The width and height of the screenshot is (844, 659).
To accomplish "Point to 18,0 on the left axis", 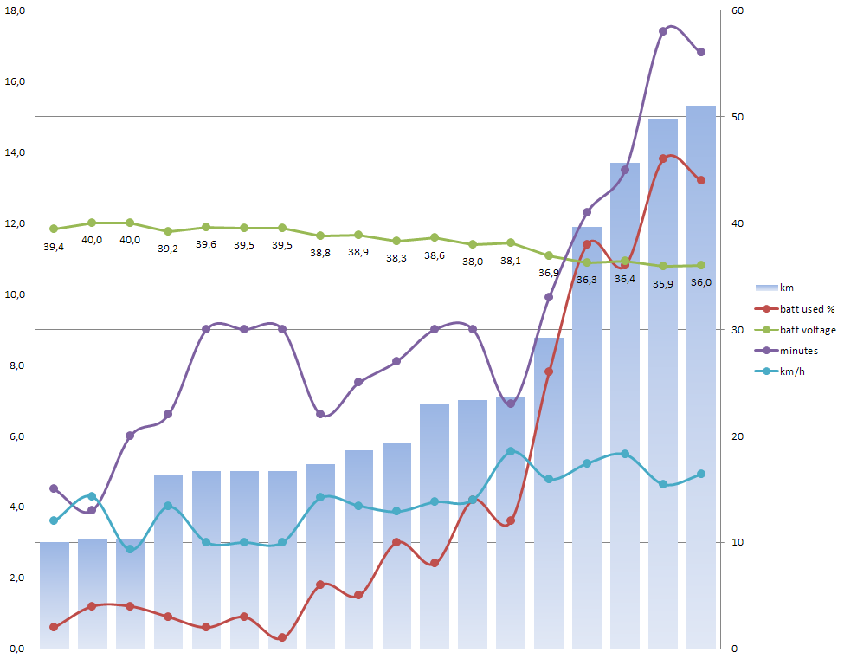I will coord(16,10).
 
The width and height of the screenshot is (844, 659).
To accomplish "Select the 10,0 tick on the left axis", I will coord(16,294).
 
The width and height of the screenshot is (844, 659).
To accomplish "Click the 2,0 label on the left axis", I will coord(16,578).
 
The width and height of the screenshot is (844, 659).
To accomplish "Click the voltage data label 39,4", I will coord(54,247).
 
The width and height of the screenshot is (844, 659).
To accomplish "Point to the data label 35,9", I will coord(663,283).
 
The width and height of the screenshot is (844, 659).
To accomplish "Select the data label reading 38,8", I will coord(320,253).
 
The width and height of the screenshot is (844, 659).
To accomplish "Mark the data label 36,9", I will coord(549,272).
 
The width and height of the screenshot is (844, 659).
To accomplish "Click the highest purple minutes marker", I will coord(663,31).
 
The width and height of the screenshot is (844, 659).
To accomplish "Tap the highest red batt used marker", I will coord(663,158).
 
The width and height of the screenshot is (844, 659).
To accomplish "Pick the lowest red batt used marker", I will coord(282,637).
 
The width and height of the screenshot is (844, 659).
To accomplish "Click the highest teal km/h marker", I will coord(511,451).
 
